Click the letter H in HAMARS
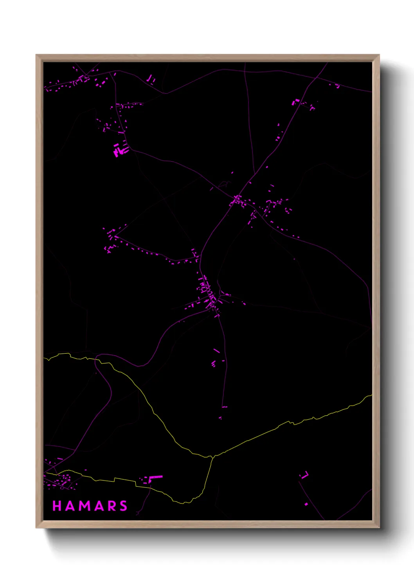pos(57,506)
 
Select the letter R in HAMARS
pos(112,506)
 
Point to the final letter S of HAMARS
pos(124,506)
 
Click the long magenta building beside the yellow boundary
pos(155,477)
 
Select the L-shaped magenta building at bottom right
pos(305,475)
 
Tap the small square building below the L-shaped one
pos(306,504)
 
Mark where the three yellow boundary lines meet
pos(212,456)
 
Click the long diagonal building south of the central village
pos(216,351)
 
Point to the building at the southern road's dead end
pos(224,407)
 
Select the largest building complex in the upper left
pos(120,149)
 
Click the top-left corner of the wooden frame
pos(36,55)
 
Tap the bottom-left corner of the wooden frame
pos(36,528)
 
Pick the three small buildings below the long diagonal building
pos(213,364)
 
